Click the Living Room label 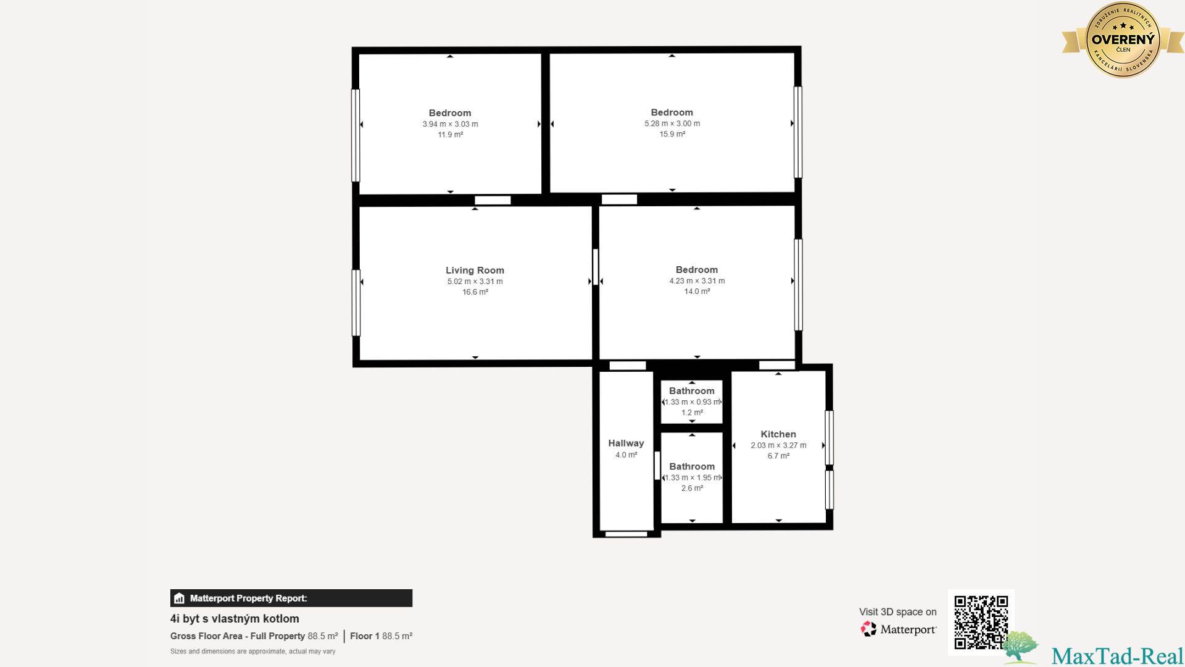coord(475,270)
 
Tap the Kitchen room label coord(778,434)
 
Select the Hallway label coord(626,443)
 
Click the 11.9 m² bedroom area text coord(451,135)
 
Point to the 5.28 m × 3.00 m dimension coord(672,124)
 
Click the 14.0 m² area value coord(697,292)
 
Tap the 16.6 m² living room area coord(475,292)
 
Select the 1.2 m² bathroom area coord(692,413)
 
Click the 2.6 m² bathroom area coord(692,488)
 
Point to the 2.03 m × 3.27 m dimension coord(778,445)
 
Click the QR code coord(981,622)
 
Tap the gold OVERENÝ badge coord(1123,40)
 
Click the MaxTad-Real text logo coord(1117,656)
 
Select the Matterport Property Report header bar coord(291,598)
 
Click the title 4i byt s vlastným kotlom coord(235,619)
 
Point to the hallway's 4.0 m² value coord(626,455)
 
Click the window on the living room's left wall coord(356,303)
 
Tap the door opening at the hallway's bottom coord(626,534)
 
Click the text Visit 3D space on coord(897,612)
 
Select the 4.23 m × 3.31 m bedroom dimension coord(697,281)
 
